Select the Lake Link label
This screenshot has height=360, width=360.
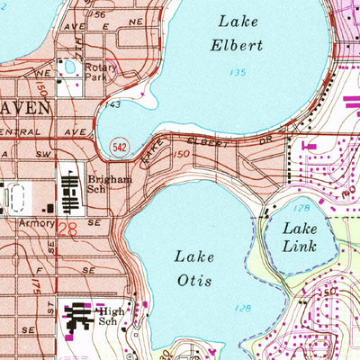[300, 237]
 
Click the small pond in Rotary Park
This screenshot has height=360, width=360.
[68, 68]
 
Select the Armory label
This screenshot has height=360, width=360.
[31, 219]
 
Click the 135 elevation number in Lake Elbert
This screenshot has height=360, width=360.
[238, 72]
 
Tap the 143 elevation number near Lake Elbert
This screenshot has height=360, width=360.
[112, 105]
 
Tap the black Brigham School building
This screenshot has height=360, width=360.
[70, 187]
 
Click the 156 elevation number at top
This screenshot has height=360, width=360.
[98, 15]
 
